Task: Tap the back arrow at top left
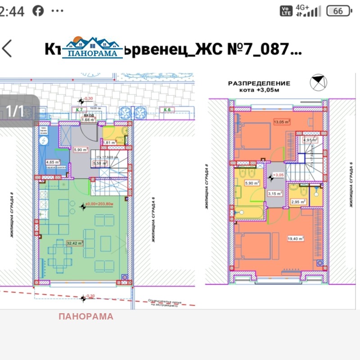7,48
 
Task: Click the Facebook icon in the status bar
38,11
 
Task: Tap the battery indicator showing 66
338,11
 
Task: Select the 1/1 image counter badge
14,111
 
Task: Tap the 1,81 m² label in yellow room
109,143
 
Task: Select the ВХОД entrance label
88,115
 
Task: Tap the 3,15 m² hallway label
275,194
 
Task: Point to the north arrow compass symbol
319,82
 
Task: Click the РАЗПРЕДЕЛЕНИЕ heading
259,83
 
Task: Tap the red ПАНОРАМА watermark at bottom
86,316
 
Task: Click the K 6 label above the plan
167,109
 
